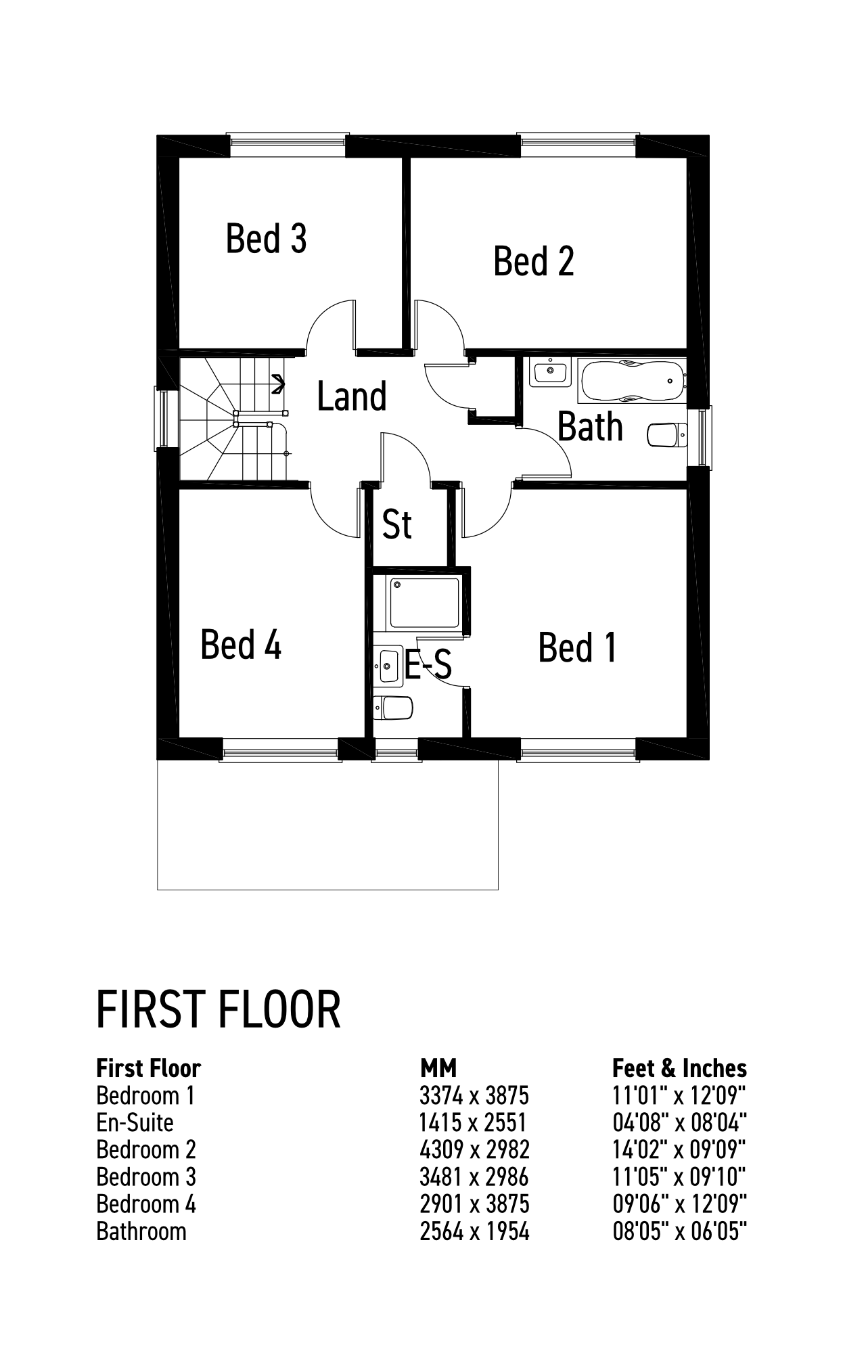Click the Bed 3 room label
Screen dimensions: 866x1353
pos(267,238)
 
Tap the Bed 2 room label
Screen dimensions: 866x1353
pos(534,261)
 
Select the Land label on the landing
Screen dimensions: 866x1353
pos(352,396)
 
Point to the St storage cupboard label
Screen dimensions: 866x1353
pos(396,524)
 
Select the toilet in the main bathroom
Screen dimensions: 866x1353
pos(667,436)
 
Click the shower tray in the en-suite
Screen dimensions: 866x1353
pos(424,602)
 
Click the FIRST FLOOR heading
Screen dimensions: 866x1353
pos(219,1009)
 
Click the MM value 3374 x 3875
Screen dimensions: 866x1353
pos(474,1095)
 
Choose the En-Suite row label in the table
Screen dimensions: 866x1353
pos(135,1122)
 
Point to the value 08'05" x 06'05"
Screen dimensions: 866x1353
pos(679,1231)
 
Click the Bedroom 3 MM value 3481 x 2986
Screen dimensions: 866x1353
pos(474,1177)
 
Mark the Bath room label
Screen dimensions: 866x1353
pos(590,427)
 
